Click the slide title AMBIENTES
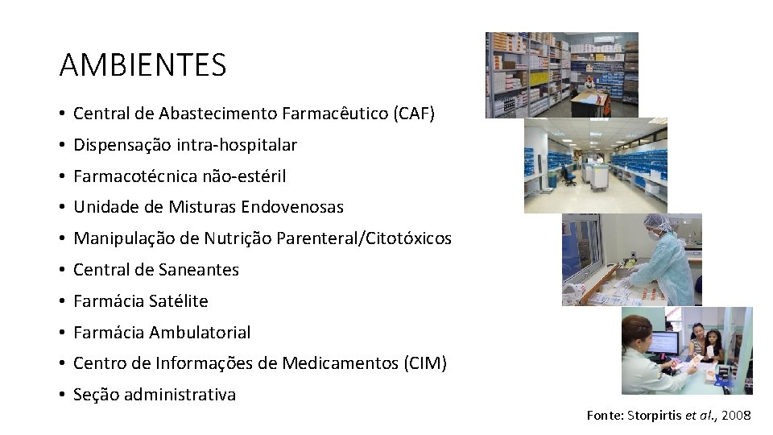[143, 64]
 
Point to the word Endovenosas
[299, 207]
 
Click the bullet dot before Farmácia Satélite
[62, 301]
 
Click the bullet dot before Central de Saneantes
[62, 270]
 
